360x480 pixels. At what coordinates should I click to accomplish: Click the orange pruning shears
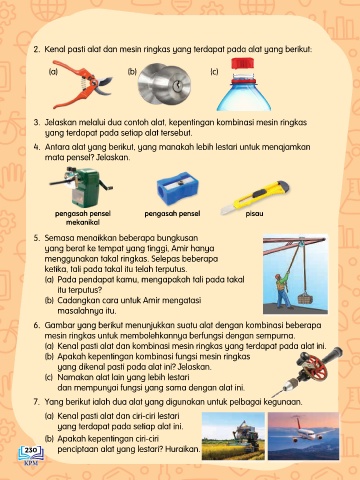(x=83, y=83)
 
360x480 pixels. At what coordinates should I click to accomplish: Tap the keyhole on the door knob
(x=177, y=86)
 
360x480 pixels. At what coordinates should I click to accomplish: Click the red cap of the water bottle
(x=243, y=64)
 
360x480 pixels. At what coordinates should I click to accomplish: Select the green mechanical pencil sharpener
(x=82, y=187)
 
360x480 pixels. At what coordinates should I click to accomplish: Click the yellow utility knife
(x=255, y=197)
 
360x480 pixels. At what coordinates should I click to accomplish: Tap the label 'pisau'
(x=254, y=214)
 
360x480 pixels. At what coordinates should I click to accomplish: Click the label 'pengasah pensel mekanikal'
(x=83, y=218)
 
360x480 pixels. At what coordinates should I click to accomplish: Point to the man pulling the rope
(x=283, y=289)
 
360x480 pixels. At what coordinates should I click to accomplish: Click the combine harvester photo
(x=233, y=436)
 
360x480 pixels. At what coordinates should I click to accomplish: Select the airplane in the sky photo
(x=304, y=436)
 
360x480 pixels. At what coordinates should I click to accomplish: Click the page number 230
(x=31, y=450)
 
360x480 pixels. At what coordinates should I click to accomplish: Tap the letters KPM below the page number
(x=31, y=463)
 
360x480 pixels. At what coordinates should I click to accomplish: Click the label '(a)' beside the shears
(x=53, y=71)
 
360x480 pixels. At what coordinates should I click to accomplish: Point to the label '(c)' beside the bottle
(x=214, y=71)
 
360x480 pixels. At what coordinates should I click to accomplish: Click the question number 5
(x=36, y=238)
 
